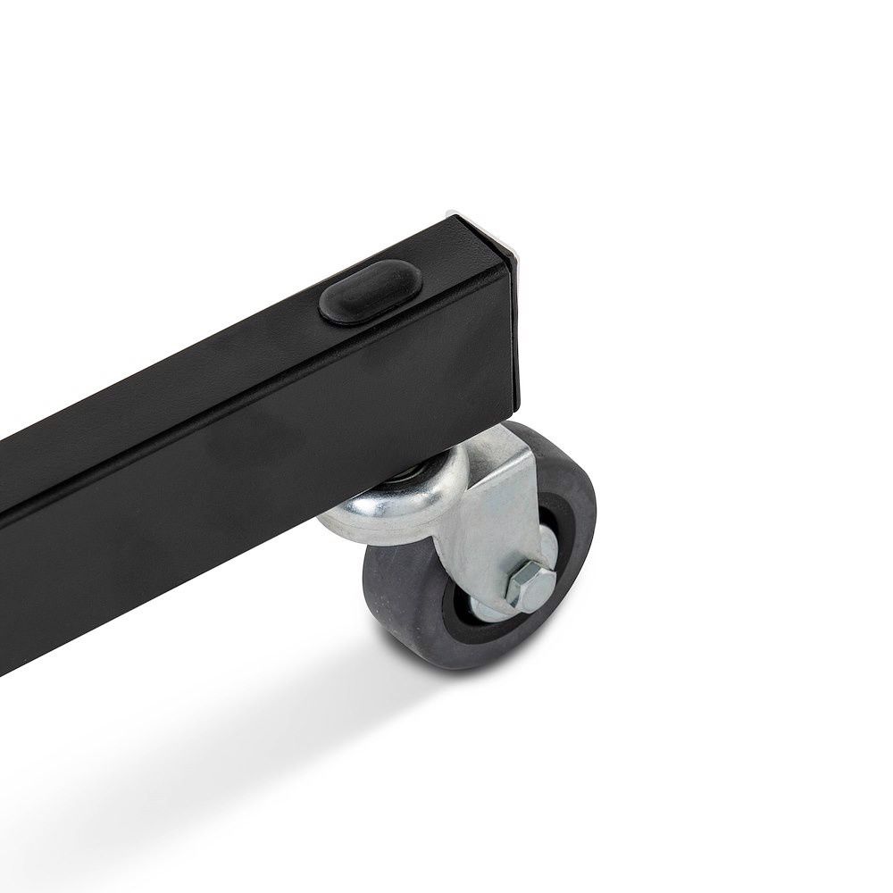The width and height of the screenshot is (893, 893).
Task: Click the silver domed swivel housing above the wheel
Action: coord(393,500)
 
